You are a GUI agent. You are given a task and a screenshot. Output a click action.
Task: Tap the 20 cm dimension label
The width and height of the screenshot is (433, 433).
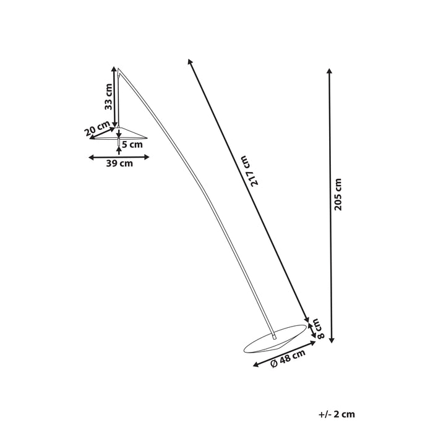(97, 129)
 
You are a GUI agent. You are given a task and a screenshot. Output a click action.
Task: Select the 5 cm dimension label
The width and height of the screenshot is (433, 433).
(132, 145)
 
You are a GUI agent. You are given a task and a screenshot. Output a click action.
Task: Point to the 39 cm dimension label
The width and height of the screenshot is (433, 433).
(119, 164)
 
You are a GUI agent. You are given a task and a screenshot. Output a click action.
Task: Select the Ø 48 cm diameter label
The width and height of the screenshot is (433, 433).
(288, 359)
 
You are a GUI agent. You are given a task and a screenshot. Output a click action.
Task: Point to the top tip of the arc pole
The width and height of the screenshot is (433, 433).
(118, 69)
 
